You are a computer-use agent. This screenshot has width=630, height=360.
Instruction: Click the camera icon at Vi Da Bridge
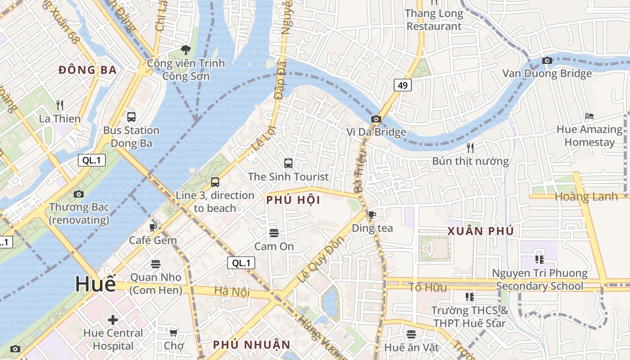[x=376, y=119]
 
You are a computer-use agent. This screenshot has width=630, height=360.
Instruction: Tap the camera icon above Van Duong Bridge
[x=547, y=60]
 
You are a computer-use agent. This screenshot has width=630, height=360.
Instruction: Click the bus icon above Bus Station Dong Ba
[x=131, y=117]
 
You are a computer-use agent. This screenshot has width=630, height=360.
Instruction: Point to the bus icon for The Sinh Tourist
[x=288, y=163]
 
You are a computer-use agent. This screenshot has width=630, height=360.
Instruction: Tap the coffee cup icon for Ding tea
[x=372, y=215]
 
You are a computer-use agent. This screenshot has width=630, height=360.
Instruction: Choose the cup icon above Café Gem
[x=153, y=227]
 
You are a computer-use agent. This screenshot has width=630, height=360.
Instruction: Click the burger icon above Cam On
[x=274, y=233]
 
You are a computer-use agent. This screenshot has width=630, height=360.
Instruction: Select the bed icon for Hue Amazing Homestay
[x=589, y=116]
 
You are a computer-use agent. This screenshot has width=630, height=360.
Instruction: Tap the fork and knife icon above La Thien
[x=60, y=105]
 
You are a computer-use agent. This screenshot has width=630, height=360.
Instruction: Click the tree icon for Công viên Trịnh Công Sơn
[x=185, y=49]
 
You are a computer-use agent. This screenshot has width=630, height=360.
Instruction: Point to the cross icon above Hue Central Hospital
[x=113, y=320]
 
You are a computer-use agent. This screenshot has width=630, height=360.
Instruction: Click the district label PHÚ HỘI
[x=293, y=200]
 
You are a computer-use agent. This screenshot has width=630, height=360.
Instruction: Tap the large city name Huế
[x=95, y=284]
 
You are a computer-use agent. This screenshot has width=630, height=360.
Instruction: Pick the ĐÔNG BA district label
[x=88, y=70]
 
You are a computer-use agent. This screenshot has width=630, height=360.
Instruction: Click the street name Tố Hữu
[x=427, y=287]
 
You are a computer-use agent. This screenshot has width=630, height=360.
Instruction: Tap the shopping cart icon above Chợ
[x=173, y=333]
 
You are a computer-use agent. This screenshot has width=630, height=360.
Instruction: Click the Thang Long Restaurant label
[x=434, y=20]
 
